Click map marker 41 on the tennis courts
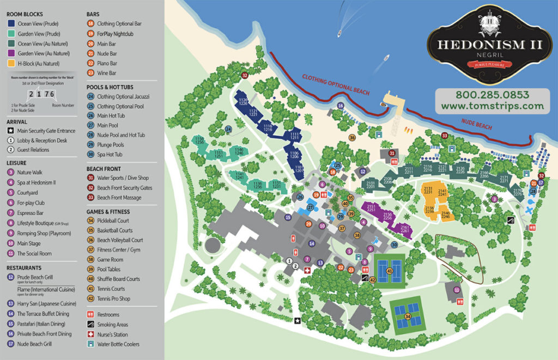(x=390, y=270)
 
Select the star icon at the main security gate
(x=298, y=321)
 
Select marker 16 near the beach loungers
(x=341, y=106)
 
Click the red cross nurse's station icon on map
(x=307, y=270)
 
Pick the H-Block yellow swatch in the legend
(x=11, y=64)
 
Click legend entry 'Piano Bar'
(x=108, y=63)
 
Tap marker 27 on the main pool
(x=311, y=207)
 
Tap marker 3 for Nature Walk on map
(x=494, y=199)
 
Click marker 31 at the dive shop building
(x=392, y=154)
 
